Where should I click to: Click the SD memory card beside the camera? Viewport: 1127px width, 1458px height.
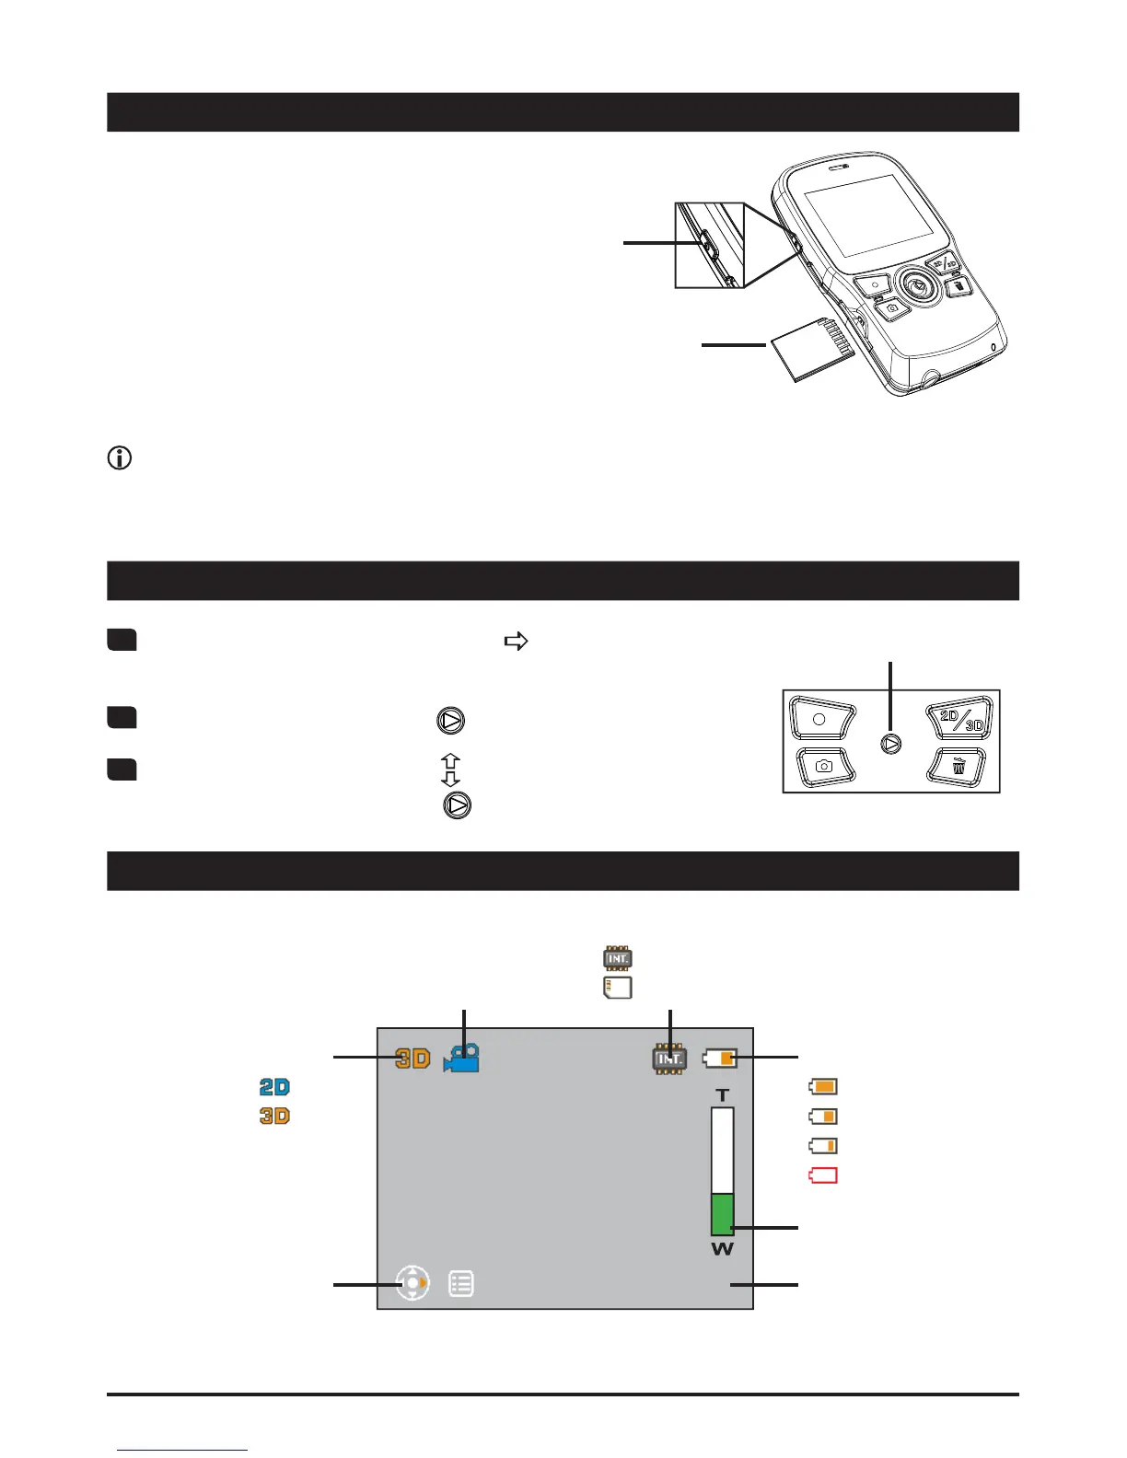808,351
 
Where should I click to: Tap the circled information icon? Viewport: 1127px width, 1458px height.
120,457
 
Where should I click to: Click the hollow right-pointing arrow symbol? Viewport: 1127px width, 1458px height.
516,642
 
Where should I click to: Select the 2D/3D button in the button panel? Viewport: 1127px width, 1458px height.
961,720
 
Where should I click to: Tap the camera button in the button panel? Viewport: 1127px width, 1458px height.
824,766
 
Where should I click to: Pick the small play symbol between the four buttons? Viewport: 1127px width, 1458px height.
890,744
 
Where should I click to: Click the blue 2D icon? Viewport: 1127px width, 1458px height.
274,1087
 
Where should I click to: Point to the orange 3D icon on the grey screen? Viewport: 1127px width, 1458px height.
412,1059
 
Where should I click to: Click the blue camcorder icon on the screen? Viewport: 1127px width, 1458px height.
461,1059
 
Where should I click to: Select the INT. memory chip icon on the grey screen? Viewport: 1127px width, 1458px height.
669,1059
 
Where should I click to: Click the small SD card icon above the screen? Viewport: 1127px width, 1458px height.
617,989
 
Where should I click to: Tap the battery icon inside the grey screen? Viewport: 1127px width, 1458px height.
720,1059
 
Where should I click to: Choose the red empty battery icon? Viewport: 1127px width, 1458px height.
822,1175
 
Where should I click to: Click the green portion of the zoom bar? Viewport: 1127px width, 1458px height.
722,1214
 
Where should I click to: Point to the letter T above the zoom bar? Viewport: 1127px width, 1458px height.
723,1095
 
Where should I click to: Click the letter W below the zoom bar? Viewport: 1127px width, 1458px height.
723,1249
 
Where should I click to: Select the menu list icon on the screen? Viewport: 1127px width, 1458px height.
461,1283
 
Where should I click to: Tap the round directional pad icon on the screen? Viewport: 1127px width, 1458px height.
412,1283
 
